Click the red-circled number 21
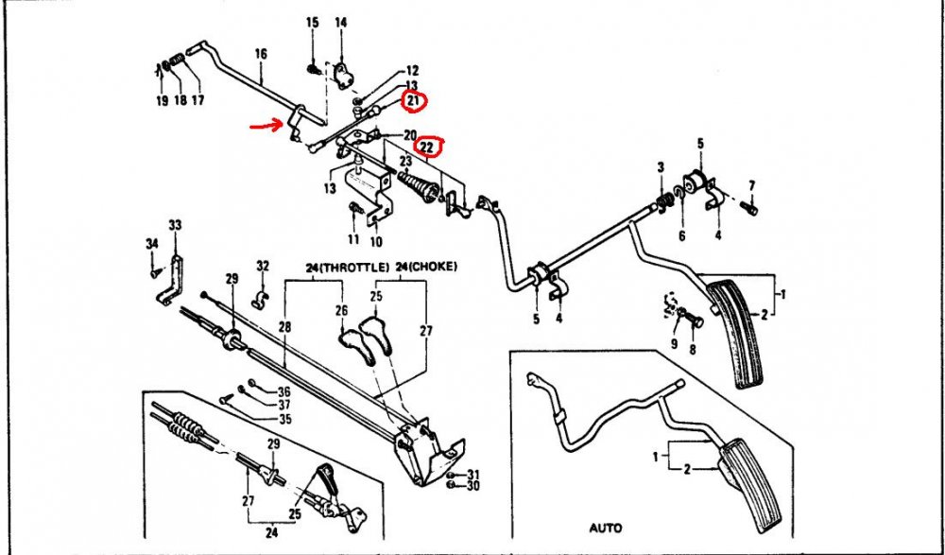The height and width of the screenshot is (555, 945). pyautogui.click(x=413, y=101)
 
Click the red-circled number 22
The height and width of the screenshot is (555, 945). pyautogui.click(x=427, y=146)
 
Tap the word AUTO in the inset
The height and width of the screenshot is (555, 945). pyautogui.click(x=606, y=528)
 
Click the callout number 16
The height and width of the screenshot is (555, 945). pyautogui.click(x=261, y=54)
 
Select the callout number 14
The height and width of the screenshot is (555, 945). pyautogui.click(x=340, y=23)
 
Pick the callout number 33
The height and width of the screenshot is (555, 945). pyautogui.click(x=175, y=225)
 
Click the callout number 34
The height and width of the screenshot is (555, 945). pyautogui.click(x=152, y=244)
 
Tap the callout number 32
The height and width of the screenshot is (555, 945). pyautogui.click(x=263, y=266)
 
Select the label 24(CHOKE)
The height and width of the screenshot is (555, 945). pyautogui.click(x=427, y=266)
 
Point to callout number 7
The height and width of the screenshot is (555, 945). pyautogui.click(x=751, y=185)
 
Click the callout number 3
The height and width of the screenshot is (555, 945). pyautogui.click(x=661, y=166)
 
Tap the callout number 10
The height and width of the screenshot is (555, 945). pyautogui.click(x=375, y=242)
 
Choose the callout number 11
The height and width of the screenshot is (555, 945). pyautogui.click(x=353, y=239)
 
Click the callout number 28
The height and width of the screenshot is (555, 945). pyautogui.click(x=284, y=327)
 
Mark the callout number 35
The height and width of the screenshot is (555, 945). pyautogui.click(x=284, y=419)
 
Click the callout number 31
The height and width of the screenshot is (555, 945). pyautogui.click(x=473, y=474)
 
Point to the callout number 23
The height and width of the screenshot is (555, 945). pyautogui.click(x=405, y=161)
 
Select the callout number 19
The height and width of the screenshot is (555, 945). pyautogui.click(x=162, y=101)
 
